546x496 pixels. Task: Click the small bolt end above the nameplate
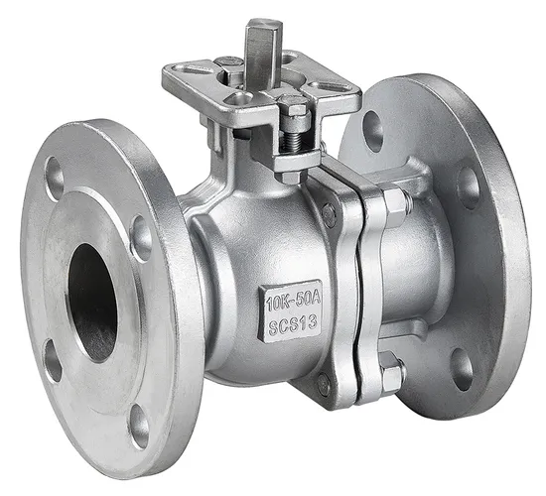click(329, 211)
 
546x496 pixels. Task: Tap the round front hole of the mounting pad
click(241, 98)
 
